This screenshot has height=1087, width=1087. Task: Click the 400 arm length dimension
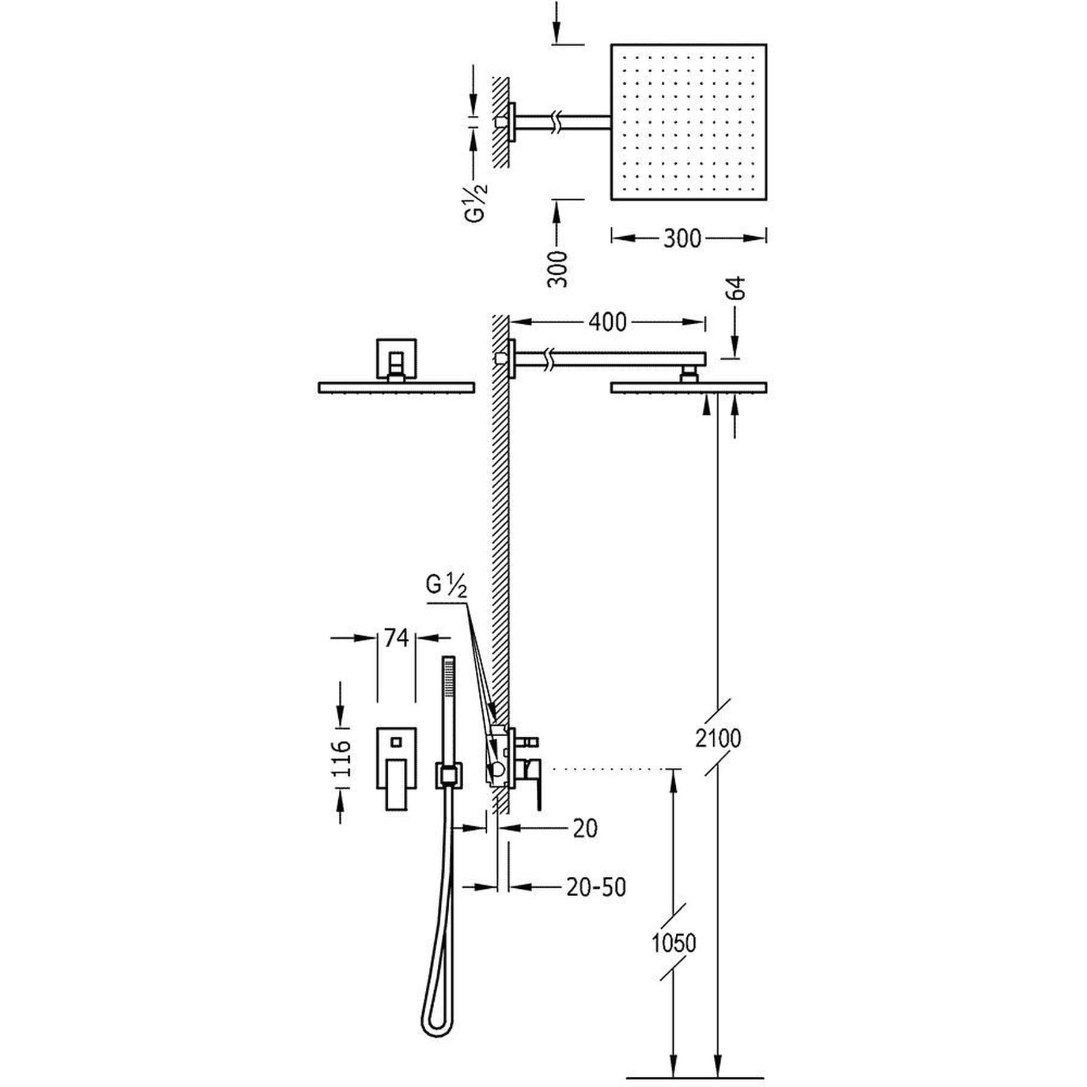pos(608,322)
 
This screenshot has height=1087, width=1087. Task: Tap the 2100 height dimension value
pos(718,738)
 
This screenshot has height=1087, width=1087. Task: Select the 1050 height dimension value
pos(674,942)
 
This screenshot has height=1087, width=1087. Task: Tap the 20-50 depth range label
pos(596,887)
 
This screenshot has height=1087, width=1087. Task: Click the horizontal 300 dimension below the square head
pos(682,239)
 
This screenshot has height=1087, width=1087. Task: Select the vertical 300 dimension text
pos(559,269)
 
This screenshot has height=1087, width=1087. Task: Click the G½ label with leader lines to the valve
pos(447,586)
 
